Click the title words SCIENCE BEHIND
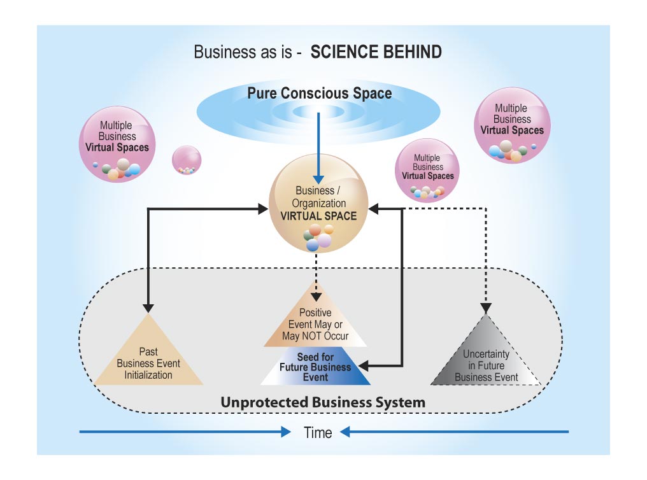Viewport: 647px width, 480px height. [376, 52]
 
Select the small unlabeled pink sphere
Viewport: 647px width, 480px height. [187, 160]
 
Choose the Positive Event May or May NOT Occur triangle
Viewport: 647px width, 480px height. [316, 321]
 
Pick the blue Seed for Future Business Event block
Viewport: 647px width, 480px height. [316, 367]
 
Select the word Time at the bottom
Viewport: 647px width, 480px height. [318, 433]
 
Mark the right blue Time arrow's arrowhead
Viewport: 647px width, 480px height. [346, 432]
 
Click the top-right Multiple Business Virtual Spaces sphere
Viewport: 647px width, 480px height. [512, 125]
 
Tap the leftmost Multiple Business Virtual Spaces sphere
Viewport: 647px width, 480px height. [117, 143]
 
